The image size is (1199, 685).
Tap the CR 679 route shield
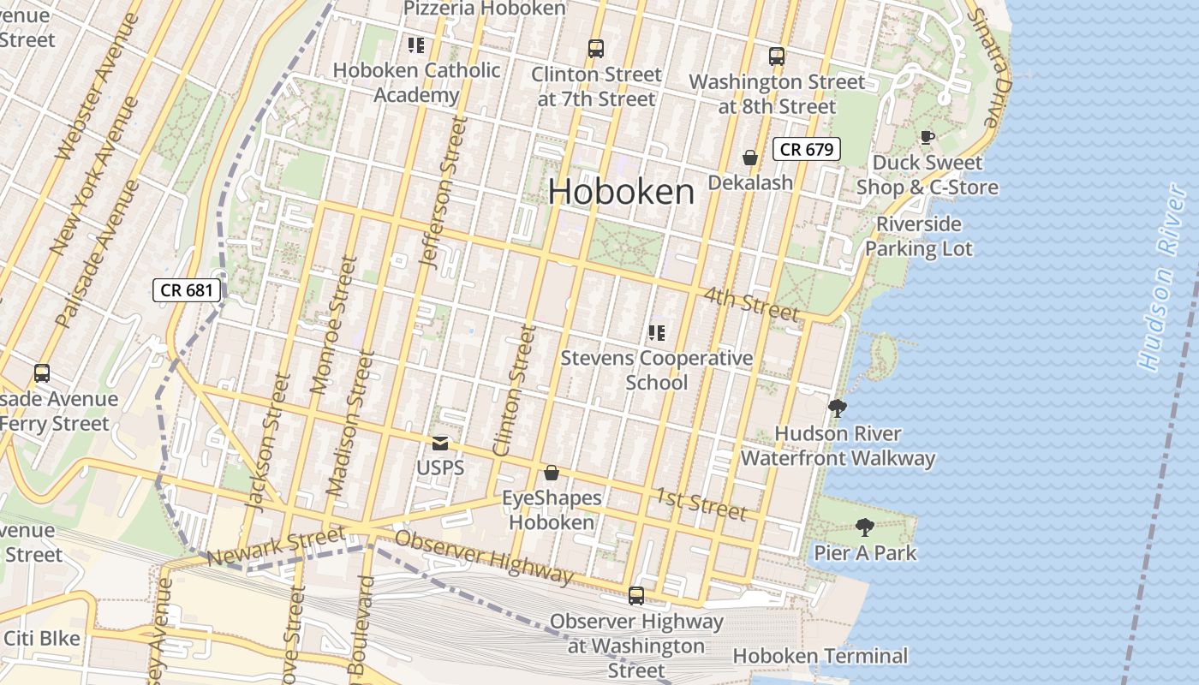click(806, 149)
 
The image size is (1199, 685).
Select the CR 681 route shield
click(187, 289)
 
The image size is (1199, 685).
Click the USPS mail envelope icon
click(440, 444)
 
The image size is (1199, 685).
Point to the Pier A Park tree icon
click(865, 527)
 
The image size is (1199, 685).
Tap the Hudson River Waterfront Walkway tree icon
click(838, 408)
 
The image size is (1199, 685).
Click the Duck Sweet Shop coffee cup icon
click(927, 137)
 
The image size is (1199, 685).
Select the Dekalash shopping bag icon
click(750, 158)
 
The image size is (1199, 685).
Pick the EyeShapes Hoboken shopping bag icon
click(552, 473)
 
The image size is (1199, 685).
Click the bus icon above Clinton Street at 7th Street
click(596, 49)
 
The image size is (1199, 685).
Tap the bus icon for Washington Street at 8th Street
click(777, 57)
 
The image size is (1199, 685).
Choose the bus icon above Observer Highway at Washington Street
click(635, 596)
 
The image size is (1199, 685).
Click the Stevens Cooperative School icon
click(657, 333)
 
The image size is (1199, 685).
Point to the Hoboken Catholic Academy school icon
click(416, 45)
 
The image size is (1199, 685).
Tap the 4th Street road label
click(751, 304)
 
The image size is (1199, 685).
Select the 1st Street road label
click(701, 503)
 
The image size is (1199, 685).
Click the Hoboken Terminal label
click(820, 656)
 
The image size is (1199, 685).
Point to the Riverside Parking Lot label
click(918, 236)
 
